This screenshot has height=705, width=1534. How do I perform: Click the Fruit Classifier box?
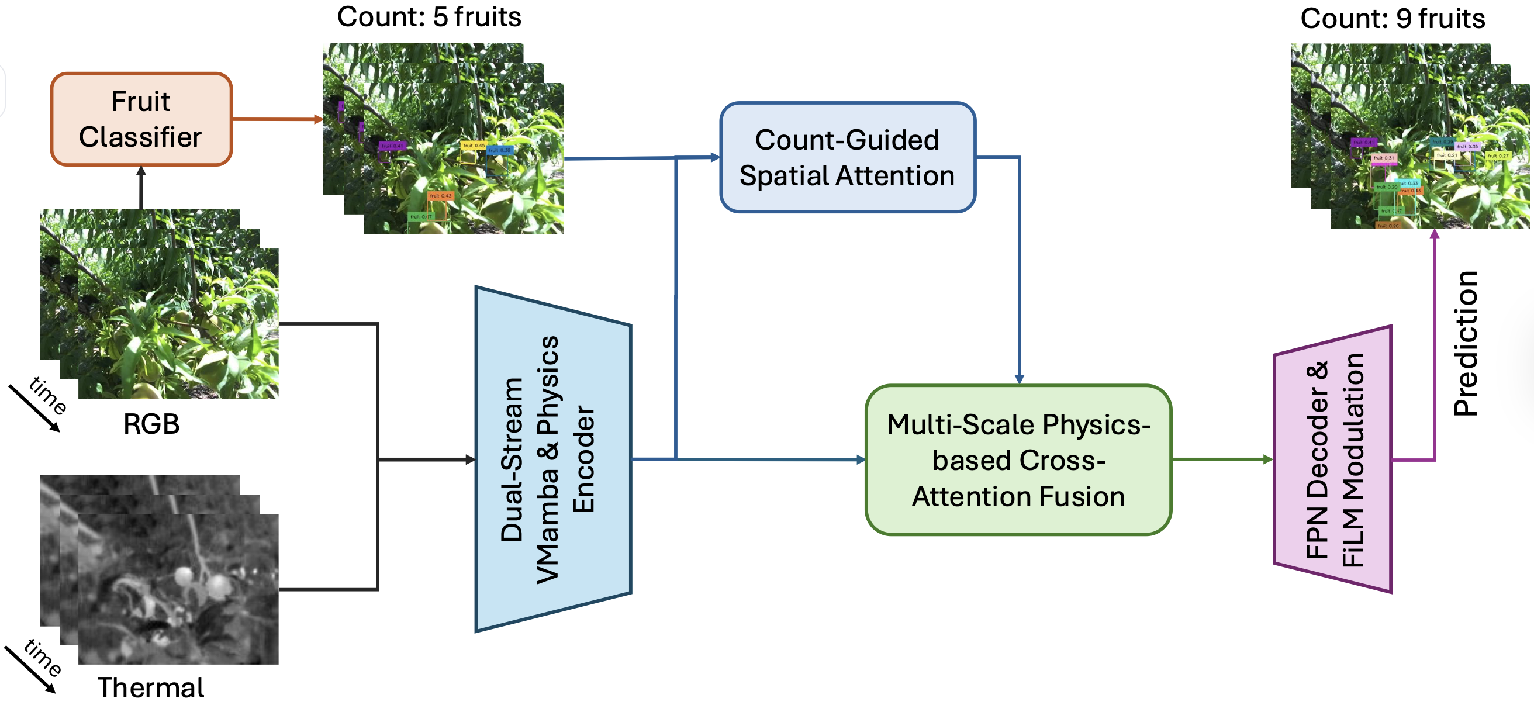tap(141, 119)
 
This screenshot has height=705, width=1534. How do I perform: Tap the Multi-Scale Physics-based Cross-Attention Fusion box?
tap(1018, 460)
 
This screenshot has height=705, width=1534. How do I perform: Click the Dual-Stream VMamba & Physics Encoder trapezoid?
tap(552, 459)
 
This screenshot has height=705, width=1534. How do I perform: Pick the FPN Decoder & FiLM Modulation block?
tap(1334, 459)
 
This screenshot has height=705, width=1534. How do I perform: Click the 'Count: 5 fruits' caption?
tap(429, 17)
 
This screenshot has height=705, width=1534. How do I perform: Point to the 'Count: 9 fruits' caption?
tap(1393, 18)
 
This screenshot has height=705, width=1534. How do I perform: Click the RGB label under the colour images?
tap(151, 424)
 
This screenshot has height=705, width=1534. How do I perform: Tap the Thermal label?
tap(151, 687)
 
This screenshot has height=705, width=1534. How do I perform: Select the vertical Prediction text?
tap(1466, 344)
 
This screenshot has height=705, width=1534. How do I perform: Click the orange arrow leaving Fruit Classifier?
tap(277, 119)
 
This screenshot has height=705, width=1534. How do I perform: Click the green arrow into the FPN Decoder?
tap(1221, 459)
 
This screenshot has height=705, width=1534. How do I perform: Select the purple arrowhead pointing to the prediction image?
tap(1435, 234)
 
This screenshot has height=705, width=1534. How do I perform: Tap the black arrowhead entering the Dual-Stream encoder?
tap(470, 459)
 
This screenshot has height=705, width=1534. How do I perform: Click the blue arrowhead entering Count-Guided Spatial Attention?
tap(714, 157)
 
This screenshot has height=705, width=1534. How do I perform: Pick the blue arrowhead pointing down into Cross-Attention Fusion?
tap(1019, 379)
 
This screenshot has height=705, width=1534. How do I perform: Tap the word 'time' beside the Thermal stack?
tap(43, 658)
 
